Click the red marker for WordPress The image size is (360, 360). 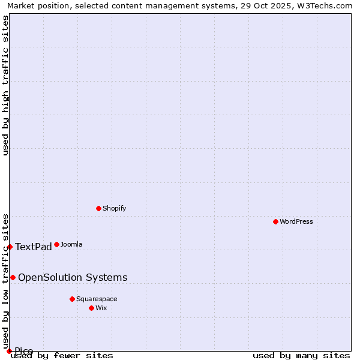pyautogui.click(x=275, y=221)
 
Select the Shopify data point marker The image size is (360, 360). pyautogui.click(x=98, y=208)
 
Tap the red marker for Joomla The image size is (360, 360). pyautogui.click(x=56, y=244)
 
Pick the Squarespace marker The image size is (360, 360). pyautogui.click(x=72, y=299)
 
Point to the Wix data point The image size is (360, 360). pyautogui.click(x=91, y=308)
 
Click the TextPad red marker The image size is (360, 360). pyautogui.click(x=10, y=247)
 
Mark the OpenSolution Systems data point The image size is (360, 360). pyautogui.click(x=13, y=277)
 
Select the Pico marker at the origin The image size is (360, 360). pyautogui.click(x=9, y=351)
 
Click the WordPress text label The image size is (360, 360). pyautogui.click(x=296, y=221)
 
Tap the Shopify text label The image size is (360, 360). pyautogui.click(x=114, y=208)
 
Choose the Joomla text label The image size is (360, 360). pyautogui.click(x=71, y=244)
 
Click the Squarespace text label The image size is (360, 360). pyautogui.click(x=97, y=299)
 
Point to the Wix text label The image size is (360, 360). pyautogui.click(x=101, y=308)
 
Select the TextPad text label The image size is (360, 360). pyautogui.click(x=34, y=247)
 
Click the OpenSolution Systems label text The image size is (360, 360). pyautogui.click(x=73, y=277)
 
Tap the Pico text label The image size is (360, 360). pyautogui.click(x=24, y=351)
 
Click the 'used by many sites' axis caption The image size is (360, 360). pyautogui.click(x=301, y=356)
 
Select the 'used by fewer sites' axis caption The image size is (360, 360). pyautogui.click(x=62, y=356)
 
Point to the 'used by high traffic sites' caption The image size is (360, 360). pyautogui.click(x=5, y=85)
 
